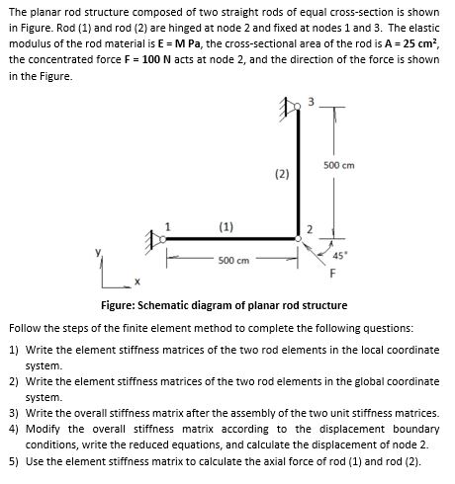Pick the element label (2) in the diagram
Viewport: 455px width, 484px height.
click(x=282, y=174)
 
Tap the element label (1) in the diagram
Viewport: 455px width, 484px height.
click(x=227, y=226)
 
